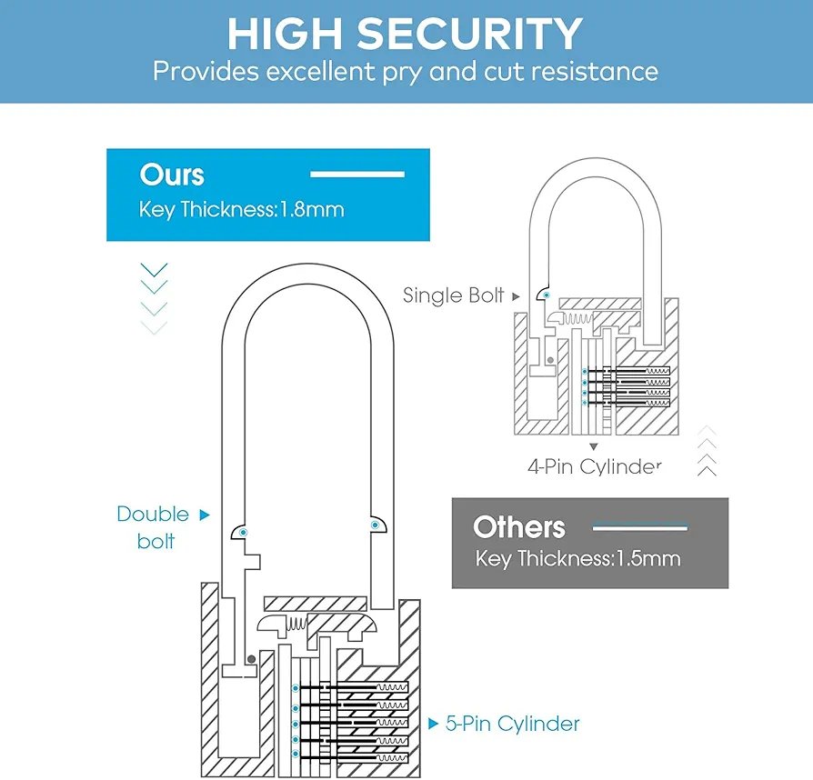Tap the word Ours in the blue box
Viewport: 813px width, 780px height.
point(172,175)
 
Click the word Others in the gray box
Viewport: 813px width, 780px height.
point(519,527)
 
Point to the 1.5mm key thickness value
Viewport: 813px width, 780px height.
point(647,558)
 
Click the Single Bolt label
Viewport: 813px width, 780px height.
point(453,295)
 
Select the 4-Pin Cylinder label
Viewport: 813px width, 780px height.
point(594,466)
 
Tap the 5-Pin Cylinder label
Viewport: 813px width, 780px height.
point(513,724)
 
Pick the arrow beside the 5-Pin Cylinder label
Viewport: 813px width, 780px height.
point(433,725)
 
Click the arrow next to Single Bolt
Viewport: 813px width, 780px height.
point(517,296)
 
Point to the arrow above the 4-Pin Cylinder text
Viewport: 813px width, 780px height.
point(594,446)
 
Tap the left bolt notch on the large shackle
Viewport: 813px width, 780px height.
point(242,532)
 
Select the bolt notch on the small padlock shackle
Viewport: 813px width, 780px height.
point(543,294)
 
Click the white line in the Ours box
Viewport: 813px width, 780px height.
point(356,174)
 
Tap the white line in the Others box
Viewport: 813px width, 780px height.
point(639,527)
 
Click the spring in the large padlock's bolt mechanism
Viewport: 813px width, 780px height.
point(297,625)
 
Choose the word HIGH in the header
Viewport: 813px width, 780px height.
point(285,34)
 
